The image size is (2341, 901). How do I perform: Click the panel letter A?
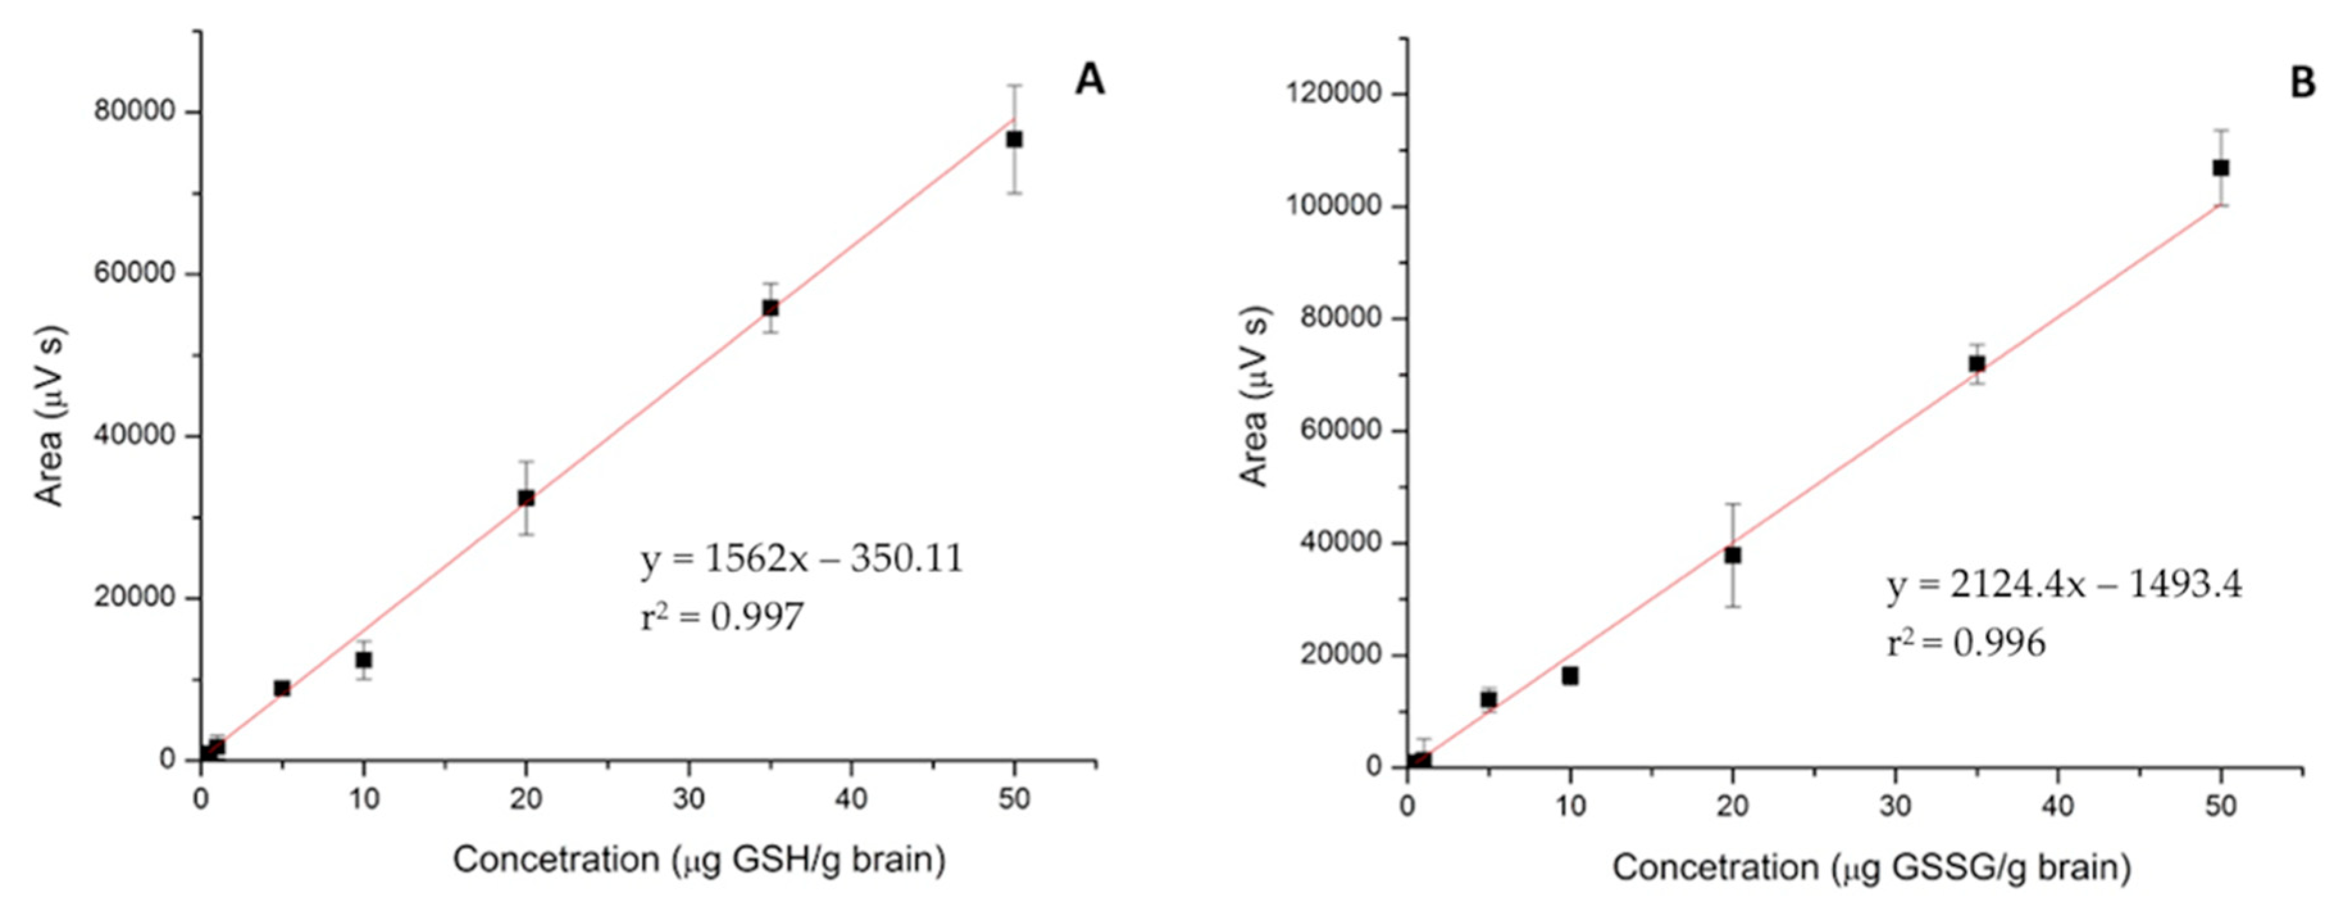click(1090, 81)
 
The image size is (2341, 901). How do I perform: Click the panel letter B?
click(2302, 83)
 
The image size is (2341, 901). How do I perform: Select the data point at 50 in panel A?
click(1014, 139)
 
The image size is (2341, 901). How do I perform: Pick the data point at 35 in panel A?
click(769, 308)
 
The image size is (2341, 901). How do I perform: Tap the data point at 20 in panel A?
click(526, 498)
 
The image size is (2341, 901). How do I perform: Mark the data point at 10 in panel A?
click(363, 660)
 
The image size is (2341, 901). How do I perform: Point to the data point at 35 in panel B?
click(1976, 363)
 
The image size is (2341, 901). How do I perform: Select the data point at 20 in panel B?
click(1733, 555)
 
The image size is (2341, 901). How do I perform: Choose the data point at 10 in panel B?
click(1570, 676)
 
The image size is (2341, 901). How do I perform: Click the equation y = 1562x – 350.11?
click(801, 558)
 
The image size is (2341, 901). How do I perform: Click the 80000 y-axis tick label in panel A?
click(135, 113)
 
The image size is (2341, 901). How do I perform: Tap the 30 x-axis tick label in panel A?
click(689, 799)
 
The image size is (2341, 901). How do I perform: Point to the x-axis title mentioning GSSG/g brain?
click(1872, 868)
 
